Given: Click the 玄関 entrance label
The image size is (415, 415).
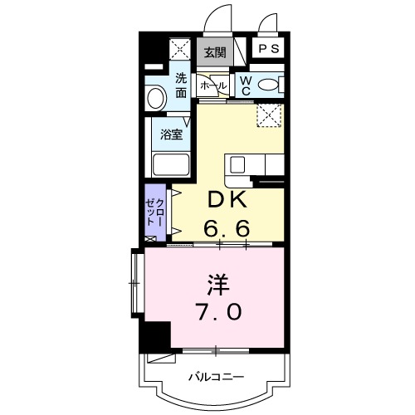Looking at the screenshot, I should click(214, 52).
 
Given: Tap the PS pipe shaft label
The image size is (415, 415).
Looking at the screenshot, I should click(268, 49).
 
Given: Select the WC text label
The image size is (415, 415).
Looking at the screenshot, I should click(247, 84).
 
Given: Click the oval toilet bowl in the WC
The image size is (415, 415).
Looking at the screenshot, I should click(268, 84).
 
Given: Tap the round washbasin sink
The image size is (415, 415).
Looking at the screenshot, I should click(156, 98).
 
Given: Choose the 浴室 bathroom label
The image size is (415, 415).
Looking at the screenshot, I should click(172, 132).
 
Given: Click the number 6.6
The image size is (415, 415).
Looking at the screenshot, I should click(227, 226).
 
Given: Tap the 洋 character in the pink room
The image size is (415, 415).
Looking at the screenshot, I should click(218, 285).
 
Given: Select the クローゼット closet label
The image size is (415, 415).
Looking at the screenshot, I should click(155, 214).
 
